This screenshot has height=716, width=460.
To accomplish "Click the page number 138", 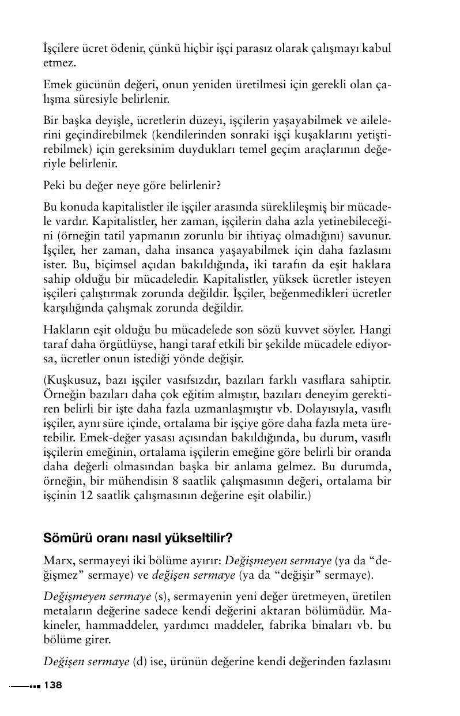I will point(52,685).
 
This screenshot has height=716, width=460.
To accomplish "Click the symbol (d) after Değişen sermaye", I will point(140,661).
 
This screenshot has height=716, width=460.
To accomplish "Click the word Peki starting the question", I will point(54,186).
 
